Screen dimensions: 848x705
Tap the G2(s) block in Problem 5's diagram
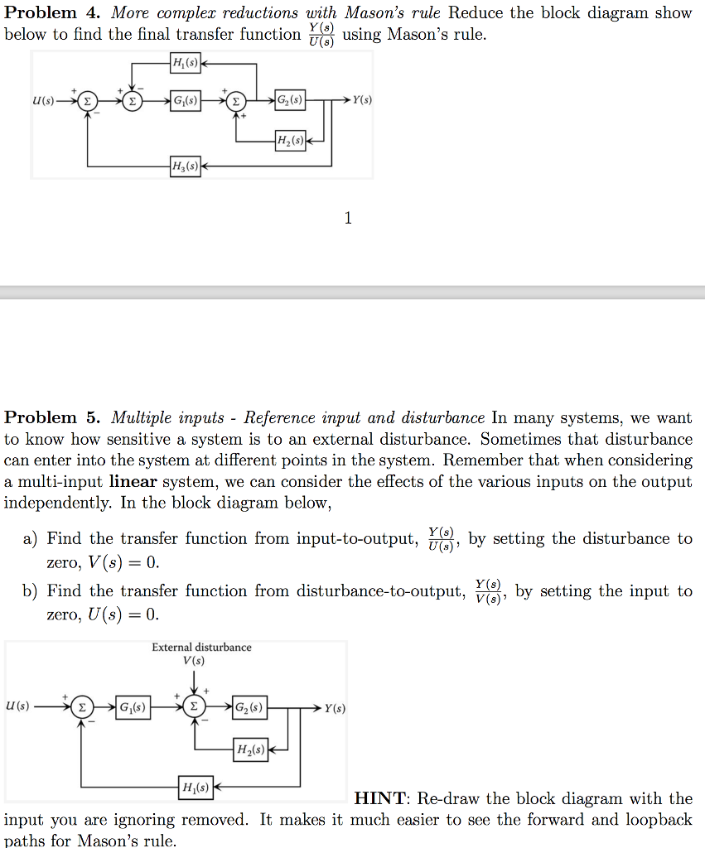pyautogui.click(x=249, y=709)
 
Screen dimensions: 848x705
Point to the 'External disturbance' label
pyautogui.click(x=201, y=647)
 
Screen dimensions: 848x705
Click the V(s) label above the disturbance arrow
pyautogui.click(x=194, y=660)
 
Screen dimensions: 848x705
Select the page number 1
pyautogui.click(x=348, y=218)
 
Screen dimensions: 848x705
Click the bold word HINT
pyautogui.click(x=380, y=798)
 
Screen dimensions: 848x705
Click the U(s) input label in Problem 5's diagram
pyautogui.click(x=17, y=706)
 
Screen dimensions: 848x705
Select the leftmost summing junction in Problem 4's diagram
pyautogui.click(x=87, y=101)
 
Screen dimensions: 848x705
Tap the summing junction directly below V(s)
pyautogui.click(x=194, y=709)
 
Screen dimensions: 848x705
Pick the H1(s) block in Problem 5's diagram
pyautogui.click(x=195, y=785)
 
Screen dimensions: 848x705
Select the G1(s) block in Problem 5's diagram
pyautogui.click(x=133, y=709)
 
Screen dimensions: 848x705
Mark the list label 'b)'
pyautogui.click(x=31, y=591)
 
